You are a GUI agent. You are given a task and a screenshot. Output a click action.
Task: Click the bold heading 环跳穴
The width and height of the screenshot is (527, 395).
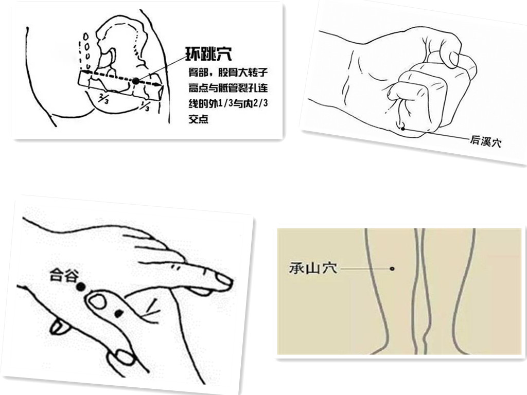point(208,54)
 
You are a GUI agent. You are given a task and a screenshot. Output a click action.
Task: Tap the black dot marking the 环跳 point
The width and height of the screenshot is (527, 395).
point(135,81)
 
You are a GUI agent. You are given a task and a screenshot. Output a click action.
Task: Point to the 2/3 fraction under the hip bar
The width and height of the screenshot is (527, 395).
point(103,99)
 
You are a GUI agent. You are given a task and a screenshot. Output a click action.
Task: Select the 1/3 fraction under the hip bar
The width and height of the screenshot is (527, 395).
point(145,107)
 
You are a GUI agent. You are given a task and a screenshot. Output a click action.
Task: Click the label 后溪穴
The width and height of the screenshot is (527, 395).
point(485,142)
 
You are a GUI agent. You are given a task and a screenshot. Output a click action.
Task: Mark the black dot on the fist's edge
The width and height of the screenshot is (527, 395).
point(402,128)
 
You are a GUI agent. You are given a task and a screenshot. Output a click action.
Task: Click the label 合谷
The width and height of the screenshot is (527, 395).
point(64,275)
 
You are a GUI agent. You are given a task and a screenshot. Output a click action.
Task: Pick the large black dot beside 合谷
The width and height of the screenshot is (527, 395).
point(80,286)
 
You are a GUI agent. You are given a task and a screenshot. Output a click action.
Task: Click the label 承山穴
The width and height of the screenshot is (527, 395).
point(313,268)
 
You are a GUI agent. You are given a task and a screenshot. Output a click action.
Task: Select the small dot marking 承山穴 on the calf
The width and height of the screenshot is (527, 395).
point(392,268)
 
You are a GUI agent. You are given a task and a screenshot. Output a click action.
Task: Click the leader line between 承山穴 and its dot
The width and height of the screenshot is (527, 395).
point(365,268)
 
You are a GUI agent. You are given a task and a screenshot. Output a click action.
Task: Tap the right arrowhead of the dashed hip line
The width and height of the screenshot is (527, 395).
point(157,85)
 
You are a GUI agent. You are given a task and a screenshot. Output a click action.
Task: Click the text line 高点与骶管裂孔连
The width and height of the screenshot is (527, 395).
point(228,88)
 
